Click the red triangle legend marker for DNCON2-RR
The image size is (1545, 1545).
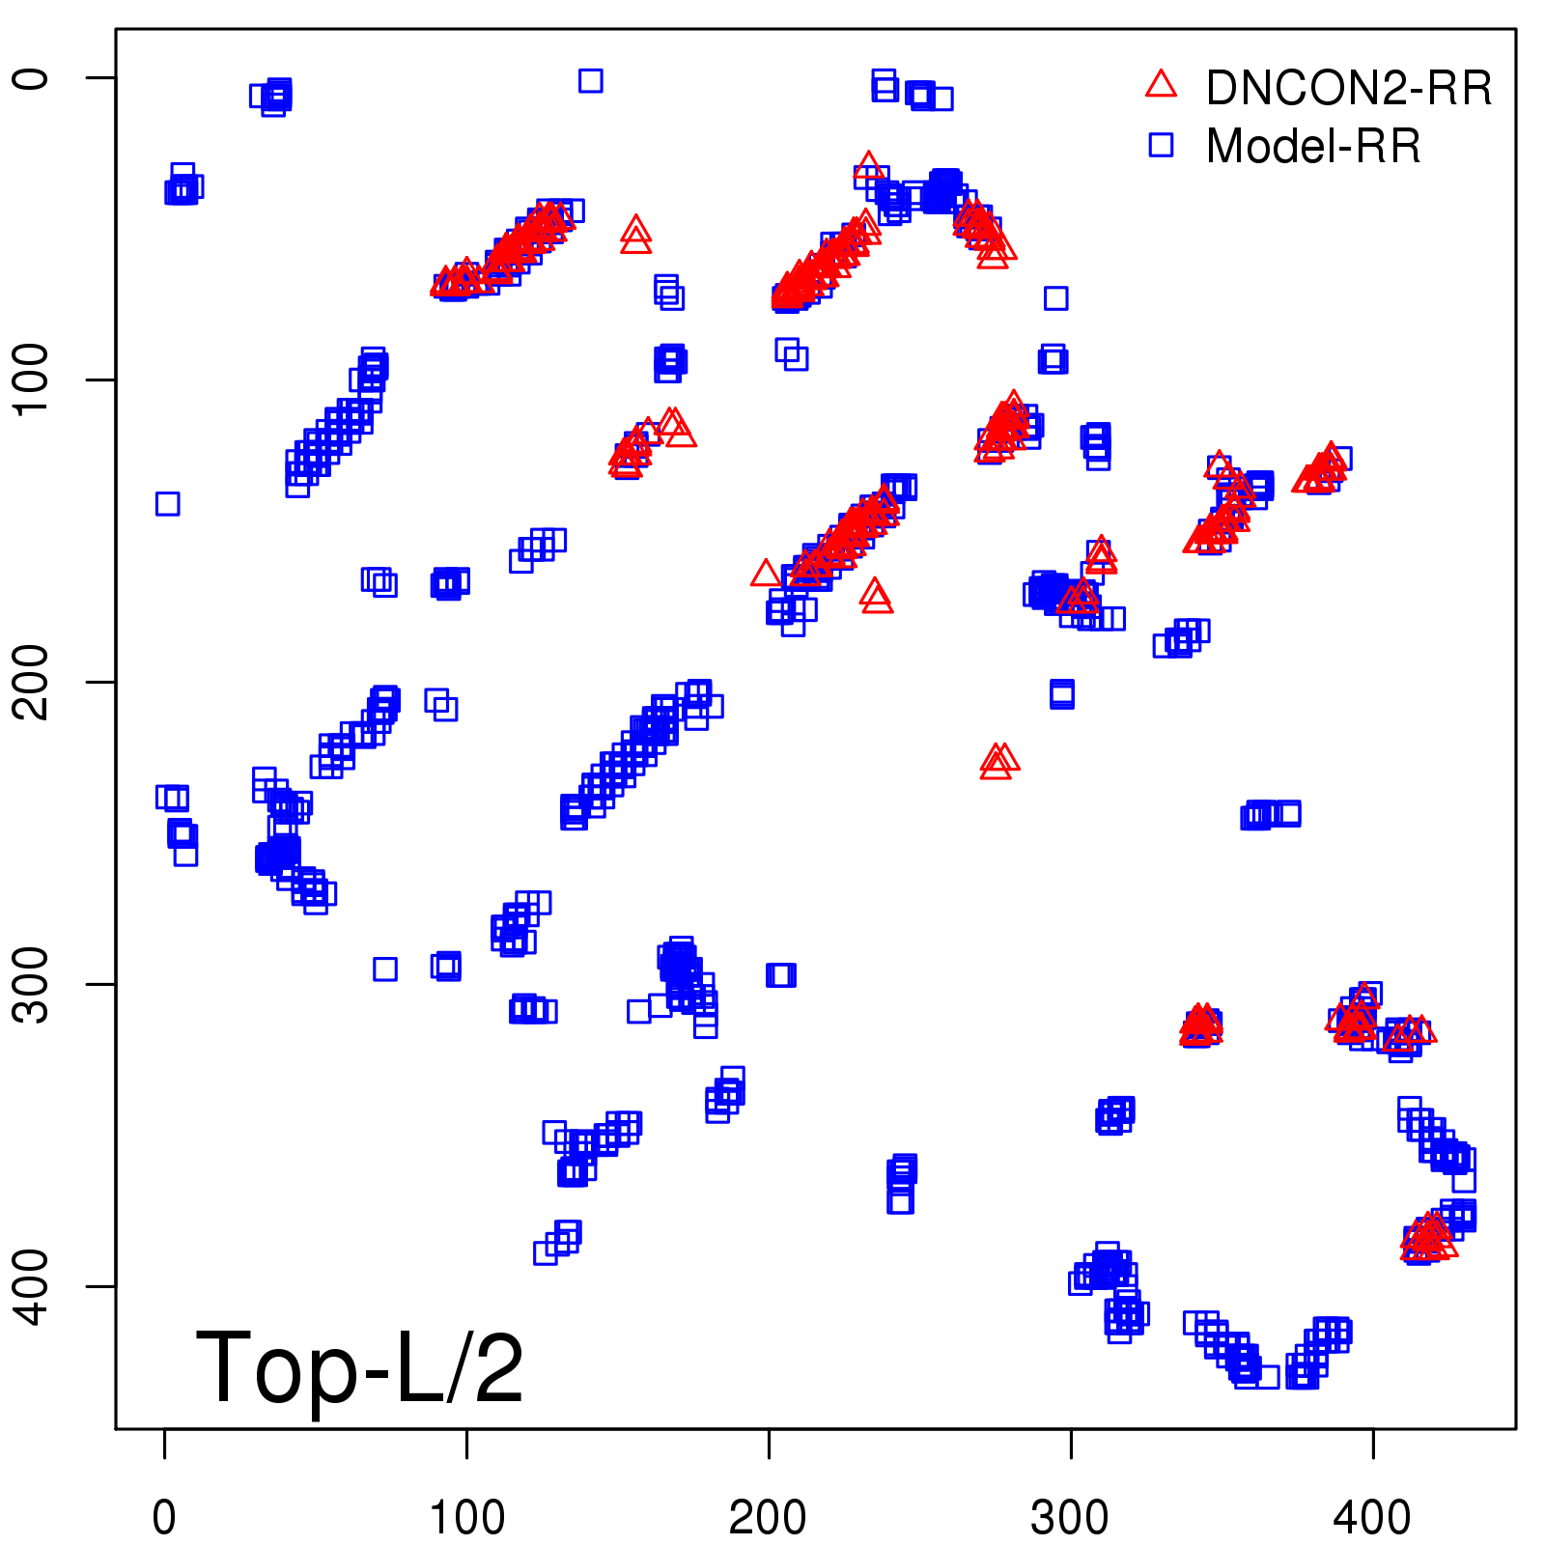point(1161,85)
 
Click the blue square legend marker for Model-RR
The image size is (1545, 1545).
point(1161,145)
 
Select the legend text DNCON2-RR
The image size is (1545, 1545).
point(1348,89)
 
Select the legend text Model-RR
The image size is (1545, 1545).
point(1313,147)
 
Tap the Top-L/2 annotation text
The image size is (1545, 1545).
point(359,1367)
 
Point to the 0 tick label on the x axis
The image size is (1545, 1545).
point(164,1518)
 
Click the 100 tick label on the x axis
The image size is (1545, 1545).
point(466,1518)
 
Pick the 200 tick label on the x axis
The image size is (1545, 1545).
point(769,1518)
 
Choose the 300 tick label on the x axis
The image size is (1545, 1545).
point(1070,1518)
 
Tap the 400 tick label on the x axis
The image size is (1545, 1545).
point(1372,1518)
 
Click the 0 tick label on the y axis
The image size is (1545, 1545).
point(33,78)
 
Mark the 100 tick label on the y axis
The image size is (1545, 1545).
point(33,379)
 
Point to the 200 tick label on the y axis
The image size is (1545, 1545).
point(33,682)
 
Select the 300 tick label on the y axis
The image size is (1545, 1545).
point(33,984)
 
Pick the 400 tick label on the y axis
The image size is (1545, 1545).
point(33,1286)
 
